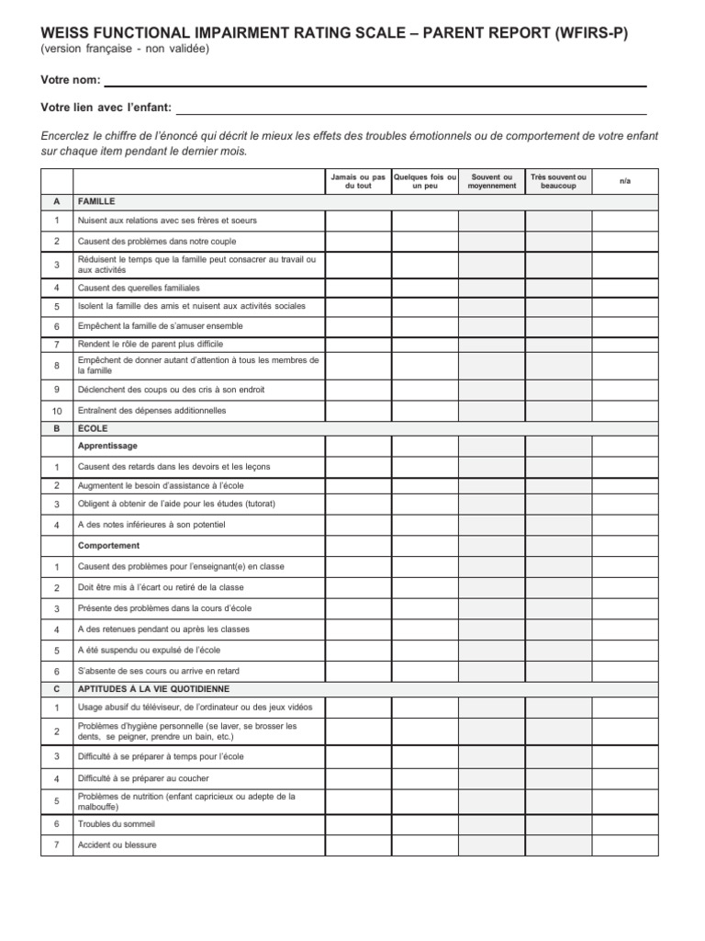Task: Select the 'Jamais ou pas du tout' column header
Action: pos(358,181)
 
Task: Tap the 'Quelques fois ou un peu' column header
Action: pos(424,181)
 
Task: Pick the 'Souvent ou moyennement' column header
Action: pos(491,181)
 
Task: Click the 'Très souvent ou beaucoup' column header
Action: pos(558,181)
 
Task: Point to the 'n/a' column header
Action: pos(625,181)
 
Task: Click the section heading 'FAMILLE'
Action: pos(96,201)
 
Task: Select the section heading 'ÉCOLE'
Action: pos(93,428)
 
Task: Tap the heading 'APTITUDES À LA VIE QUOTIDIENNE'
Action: pos(153,688)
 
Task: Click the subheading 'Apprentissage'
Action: pos(107,446)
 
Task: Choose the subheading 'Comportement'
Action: pos(108,546)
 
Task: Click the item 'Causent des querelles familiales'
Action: pos(139,288)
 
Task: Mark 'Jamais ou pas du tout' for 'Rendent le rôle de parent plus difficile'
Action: pos(358,344)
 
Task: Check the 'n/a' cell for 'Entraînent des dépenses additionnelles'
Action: pos(625,411)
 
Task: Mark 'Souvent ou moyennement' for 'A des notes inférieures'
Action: pos(491,525)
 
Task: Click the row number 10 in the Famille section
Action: pos(57,411)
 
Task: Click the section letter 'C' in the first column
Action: pos(57,688)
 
